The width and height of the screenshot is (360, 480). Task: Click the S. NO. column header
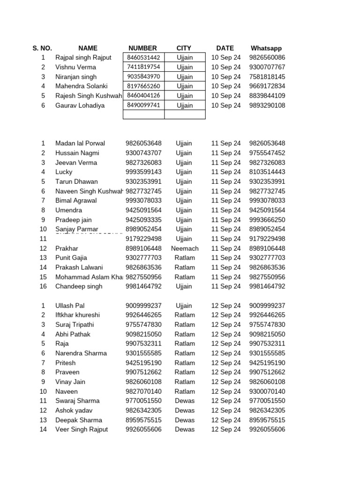tap(42, 48)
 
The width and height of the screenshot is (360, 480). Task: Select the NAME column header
tap(88, 48)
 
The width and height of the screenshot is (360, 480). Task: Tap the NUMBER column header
tap(142, 48)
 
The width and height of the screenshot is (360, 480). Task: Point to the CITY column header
tap(184, 48)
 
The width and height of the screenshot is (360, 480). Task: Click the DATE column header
tap(225, 48)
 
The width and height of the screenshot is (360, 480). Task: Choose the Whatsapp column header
tap(266, 48)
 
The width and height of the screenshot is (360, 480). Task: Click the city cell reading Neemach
tap(185, 248)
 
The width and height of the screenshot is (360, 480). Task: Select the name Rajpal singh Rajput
tap(83, 58)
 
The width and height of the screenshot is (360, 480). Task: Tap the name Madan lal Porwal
tap(80, 143)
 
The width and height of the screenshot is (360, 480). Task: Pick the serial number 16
tap(43, 286)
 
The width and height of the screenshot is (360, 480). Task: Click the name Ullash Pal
tap(70, 306)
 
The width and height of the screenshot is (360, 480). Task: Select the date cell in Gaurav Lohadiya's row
tap(226, 105)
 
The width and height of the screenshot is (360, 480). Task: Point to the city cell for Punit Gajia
tap(185, 258)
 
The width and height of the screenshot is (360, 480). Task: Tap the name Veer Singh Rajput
tap(82, 429)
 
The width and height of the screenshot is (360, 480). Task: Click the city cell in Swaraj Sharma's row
tap(185, 401)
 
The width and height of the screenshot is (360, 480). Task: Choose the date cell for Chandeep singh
tap(226, 286)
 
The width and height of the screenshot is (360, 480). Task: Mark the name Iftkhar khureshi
tap(77, 315)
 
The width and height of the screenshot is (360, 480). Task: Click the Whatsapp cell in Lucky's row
tap(267, 172)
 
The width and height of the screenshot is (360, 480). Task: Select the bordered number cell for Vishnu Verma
tap(143, 67)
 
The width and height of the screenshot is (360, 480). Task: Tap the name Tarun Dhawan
tap(76, 181)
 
